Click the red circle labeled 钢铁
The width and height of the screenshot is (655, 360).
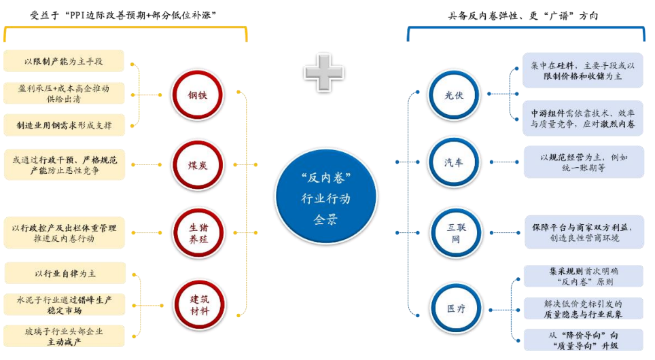click(197, 94)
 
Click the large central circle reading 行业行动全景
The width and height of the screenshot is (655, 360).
click(325, 197)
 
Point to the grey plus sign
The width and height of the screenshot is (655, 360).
click(323, 71)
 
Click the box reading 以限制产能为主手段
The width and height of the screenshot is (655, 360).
click(65, 61)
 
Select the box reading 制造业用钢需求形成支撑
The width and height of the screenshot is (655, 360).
click(65, 125)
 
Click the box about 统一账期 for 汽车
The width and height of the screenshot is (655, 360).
click(582, 162)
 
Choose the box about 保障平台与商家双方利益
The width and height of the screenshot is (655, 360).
click(582, 232)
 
